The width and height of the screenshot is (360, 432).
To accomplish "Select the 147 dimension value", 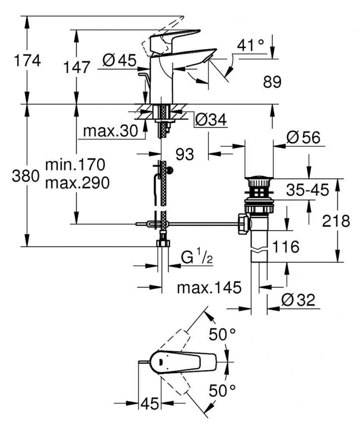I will coord(77,67).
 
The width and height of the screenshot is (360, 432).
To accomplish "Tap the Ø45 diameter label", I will coord(119,61).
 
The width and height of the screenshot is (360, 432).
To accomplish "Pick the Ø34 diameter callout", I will coord(211,121).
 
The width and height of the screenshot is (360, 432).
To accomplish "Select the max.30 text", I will coord(110,131).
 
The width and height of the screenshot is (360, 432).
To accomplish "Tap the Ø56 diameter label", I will coord(303,138).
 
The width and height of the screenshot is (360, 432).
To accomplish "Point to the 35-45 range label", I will coord(306,190).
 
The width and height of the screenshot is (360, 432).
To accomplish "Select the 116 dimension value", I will coord(285,246).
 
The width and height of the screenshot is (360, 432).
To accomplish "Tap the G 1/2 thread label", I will coord(196,257).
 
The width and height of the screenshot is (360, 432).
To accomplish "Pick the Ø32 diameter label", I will coord(298,300).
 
